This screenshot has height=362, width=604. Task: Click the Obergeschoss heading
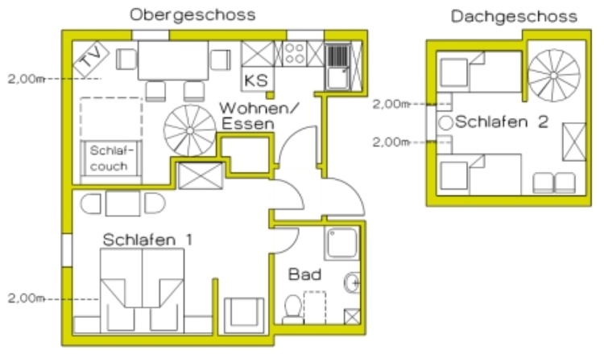pos(192,15)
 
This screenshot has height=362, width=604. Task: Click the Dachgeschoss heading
pos(514,17)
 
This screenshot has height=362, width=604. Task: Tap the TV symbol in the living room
pos(91,59)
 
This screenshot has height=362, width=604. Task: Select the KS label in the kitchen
pos(256,80)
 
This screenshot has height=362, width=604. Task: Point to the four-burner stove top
pos(295,53)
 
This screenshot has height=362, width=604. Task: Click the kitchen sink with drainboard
pos(337,67)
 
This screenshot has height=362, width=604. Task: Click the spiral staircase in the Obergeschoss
pos(190,130)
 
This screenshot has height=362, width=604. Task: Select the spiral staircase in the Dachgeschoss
pos(553,76)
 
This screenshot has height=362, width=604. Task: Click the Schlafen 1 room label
pos(147,240)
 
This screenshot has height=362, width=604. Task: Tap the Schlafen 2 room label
pos(502,122)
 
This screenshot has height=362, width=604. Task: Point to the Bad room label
pos(304,274)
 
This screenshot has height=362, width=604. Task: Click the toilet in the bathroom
pos(293,309)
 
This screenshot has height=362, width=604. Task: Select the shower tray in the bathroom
pos(342,243)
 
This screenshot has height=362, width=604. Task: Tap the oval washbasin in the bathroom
pos(352,282)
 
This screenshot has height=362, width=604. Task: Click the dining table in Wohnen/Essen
pos(173,60)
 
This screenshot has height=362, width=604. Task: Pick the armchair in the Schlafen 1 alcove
pos(244,315)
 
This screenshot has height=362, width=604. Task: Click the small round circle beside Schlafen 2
pos(446,123)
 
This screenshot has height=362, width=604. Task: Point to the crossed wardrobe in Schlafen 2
pos(574,142)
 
